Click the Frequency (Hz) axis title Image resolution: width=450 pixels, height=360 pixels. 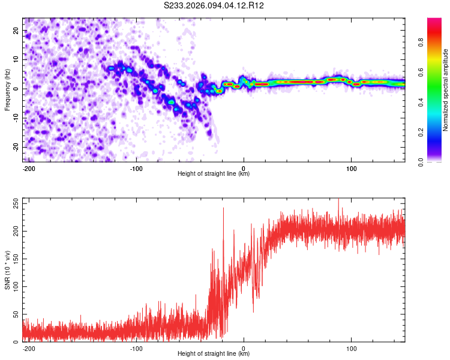7,89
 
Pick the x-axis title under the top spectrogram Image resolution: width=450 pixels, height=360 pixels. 214,174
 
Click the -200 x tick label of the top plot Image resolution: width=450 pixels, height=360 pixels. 28,169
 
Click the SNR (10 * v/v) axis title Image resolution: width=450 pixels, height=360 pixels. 7,270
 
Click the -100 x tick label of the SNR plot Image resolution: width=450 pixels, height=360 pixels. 136,349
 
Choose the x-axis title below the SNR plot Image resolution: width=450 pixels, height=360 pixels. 214,354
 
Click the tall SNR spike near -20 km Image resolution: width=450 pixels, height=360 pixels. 223,210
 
